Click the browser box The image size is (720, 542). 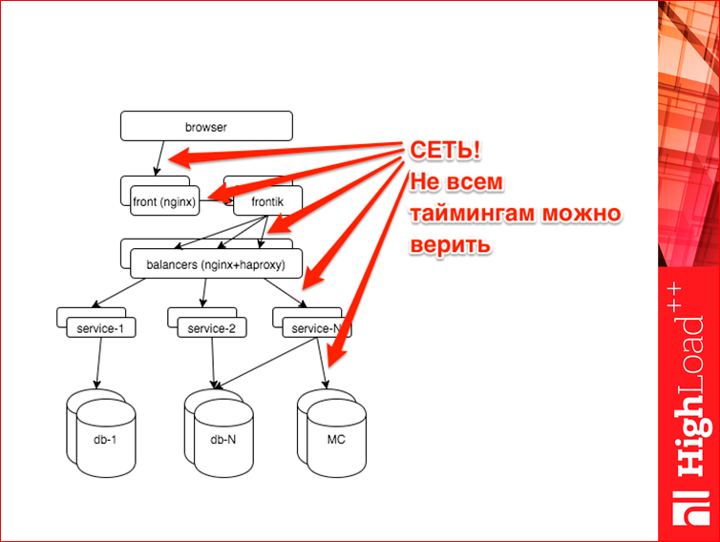pos(206,126)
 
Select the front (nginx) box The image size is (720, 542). pos(165,200)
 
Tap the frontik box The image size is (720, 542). pos(267,200)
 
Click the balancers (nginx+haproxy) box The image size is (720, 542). pos(216,263)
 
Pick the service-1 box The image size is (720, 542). pos(101,327)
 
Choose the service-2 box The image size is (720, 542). pos(212,327)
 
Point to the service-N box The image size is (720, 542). pos(317,327)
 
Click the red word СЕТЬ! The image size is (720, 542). pos(445,150)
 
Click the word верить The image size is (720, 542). pos(450,244)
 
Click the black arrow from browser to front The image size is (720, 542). pos(159,158)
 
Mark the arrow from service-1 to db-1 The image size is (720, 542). pos(98,363)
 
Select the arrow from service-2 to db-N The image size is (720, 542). pos(213,363)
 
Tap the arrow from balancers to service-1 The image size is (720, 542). pos(118,293)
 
